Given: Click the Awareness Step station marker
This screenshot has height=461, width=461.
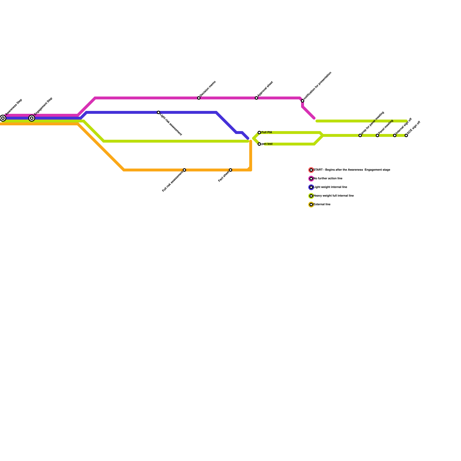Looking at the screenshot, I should point(3,118).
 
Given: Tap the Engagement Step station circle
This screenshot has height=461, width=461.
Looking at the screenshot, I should point(32,118).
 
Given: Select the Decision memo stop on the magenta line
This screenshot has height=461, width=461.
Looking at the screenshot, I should point(199,98).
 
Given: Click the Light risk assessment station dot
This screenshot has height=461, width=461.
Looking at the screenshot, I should point(158,112).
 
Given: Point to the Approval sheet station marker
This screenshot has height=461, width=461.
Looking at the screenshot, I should point(256,98).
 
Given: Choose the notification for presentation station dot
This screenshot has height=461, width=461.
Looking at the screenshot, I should point(303,101).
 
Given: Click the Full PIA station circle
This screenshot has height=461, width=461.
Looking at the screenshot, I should point(259,133).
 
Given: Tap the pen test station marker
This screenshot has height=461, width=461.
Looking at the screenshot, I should point(259,144).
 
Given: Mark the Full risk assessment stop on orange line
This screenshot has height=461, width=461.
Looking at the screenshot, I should point(184,170).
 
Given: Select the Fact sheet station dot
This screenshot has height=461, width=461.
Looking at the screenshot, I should point(231,170).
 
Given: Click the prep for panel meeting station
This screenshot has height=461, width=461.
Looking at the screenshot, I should point(360,135).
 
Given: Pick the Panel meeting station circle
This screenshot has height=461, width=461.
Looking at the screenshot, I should point(377,135).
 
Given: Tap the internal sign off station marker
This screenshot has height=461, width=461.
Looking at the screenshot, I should point(395,135).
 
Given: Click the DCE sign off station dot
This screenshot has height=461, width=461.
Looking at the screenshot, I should point(406,135).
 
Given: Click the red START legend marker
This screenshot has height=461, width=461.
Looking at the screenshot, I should point(311,170).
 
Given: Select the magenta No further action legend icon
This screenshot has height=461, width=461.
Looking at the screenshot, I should point(311,179).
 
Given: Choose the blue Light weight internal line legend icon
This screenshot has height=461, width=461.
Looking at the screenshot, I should point(311,187).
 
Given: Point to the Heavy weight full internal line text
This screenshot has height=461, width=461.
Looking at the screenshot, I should point(334,196).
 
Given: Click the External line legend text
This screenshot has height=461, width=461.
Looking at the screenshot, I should point(322,205).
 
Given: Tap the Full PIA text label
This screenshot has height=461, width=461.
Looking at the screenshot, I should point(267,133).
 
